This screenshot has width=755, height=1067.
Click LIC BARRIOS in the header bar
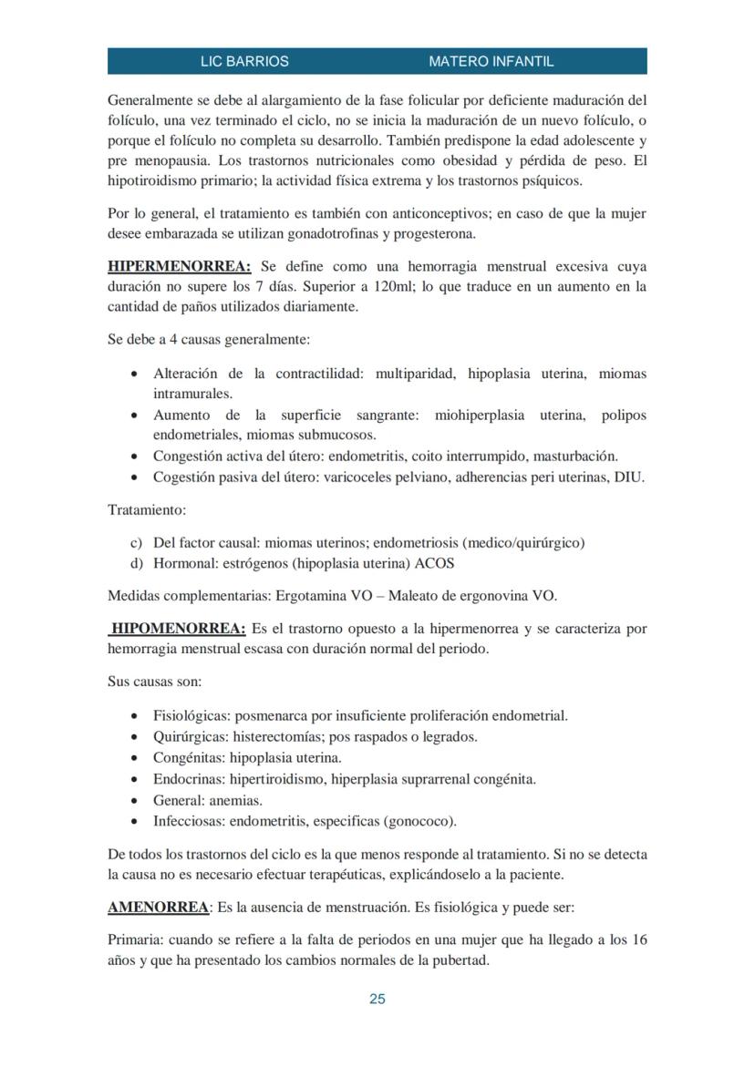[x=244, y=62]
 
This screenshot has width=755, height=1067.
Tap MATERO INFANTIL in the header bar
[x=491, y=62]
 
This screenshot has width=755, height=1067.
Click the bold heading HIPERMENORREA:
[x=179, y=266]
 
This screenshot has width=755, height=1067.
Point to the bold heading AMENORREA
[x=158, y=908]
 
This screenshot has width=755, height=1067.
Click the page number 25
[x=377, y=999]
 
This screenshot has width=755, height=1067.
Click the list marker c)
[x=138, y=543]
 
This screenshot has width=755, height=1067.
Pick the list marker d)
[x=138, y=563]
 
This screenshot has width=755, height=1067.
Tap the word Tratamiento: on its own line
[x=147, y=510]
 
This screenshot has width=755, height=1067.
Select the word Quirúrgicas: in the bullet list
[x=191, y=736]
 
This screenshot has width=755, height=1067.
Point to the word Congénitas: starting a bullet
[x=189, y=757]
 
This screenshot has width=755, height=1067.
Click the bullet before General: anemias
[x=135, y=801]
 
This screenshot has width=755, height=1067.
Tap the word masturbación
[x=575, y=456]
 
